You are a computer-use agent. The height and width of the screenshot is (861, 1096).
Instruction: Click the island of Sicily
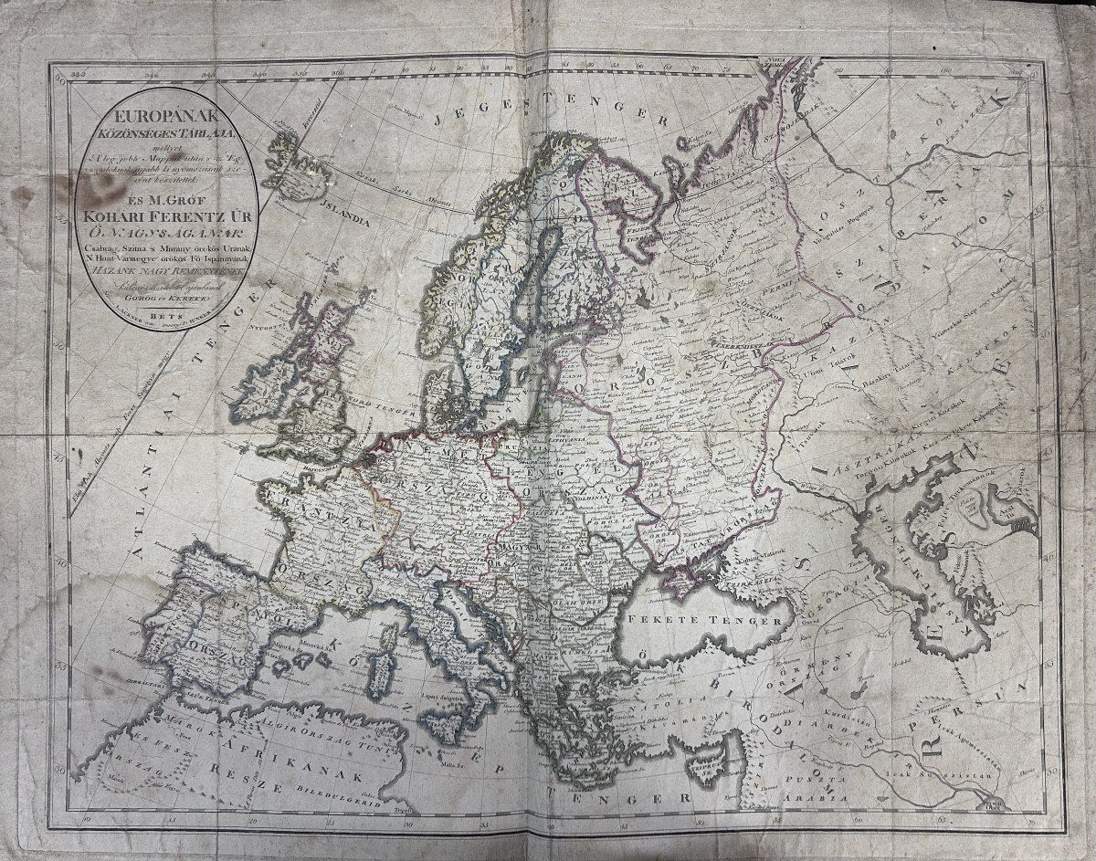click(x=447, y=728)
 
